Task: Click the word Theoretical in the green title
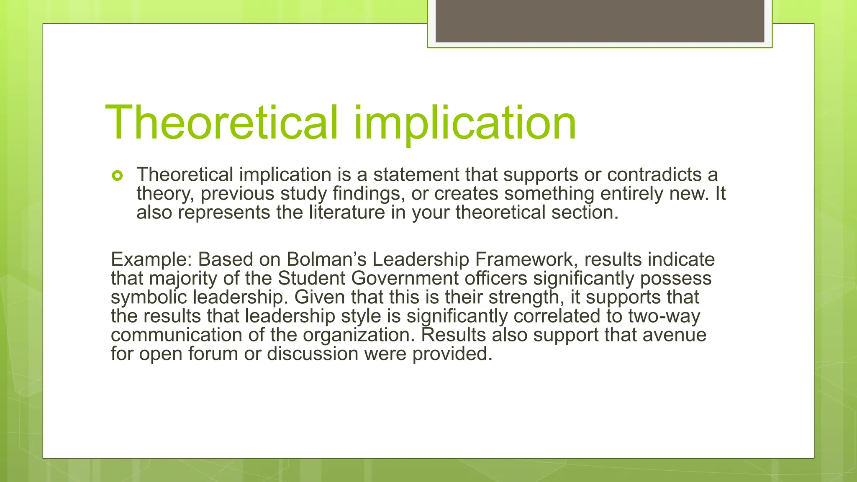221,123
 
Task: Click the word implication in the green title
465,123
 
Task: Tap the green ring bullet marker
118,176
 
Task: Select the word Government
405,278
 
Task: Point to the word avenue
675,335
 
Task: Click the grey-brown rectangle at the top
600,21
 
